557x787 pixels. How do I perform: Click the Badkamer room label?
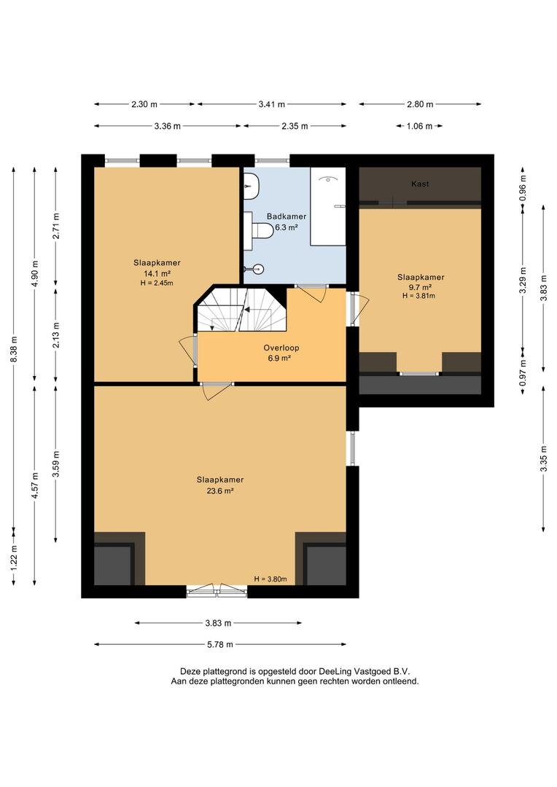287,216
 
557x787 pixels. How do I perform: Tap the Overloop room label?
281,348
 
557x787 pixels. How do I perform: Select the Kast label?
420,184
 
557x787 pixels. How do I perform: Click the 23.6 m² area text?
220,491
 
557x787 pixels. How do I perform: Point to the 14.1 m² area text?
157,273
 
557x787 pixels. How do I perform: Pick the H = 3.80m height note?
270,579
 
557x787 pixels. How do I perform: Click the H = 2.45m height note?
157,283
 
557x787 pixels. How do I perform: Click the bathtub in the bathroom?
328,206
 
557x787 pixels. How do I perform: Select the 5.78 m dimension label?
220,644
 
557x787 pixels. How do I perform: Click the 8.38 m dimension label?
14,349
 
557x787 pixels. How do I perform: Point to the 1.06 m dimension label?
419,126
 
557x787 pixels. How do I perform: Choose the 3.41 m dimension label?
272,104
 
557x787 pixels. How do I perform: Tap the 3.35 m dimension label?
543,459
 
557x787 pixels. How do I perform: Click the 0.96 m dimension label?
523,189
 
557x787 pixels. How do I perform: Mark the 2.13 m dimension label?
55,334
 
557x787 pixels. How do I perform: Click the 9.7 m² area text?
421,287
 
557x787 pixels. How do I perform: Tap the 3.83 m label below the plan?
218,623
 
